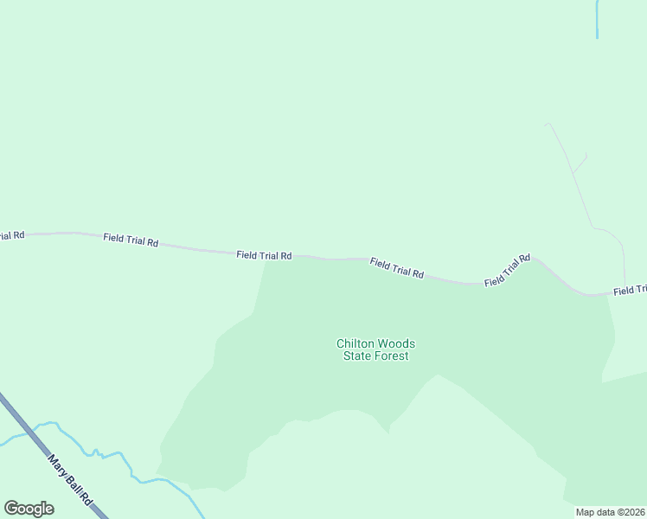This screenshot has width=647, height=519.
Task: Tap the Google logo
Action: coord(29,509)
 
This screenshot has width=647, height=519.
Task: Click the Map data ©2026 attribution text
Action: coord(611,512)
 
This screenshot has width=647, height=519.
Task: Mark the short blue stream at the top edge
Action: coord(597,19)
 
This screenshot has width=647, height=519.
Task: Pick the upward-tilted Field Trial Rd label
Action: coord(507,271)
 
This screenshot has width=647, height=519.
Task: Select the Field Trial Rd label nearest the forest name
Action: coord(397,268)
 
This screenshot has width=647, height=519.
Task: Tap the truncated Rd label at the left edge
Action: coord(12,235)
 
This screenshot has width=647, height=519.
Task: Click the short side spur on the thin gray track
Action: coord(580,163)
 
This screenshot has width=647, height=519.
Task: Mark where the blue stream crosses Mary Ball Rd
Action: coord(27,432)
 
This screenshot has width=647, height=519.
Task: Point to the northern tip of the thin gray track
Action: coord(547,125)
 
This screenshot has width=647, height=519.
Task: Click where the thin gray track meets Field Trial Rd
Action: coord(625,290)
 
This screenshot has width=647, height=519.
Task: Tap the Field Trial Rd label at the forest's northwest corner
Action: coord(264,256)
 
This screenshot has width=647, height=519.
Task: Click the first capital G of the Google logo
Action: coord(12,509)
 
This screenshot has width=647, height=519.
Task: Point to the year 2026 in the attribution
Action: coord(634,512)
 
